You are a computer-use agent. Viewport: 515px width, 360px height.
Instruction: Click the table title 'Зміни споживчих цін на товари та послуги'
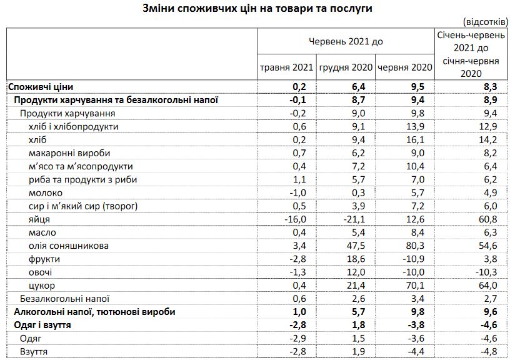(257, 9)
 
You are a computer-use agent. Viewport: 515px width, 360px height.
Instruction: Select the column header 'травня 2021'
(287, 67)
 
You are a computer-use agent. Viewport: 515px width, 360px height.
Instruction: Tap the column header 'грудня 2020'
(346, 67)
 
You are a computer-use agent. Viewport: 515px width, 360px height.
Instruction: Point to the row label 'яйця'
(39, 219)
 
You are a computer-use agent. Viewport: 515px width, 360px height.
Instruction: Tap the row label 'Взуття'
(35, 351)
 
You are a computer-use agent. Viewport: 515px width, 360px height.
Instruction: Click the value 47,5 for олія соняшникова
(354, 246)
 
